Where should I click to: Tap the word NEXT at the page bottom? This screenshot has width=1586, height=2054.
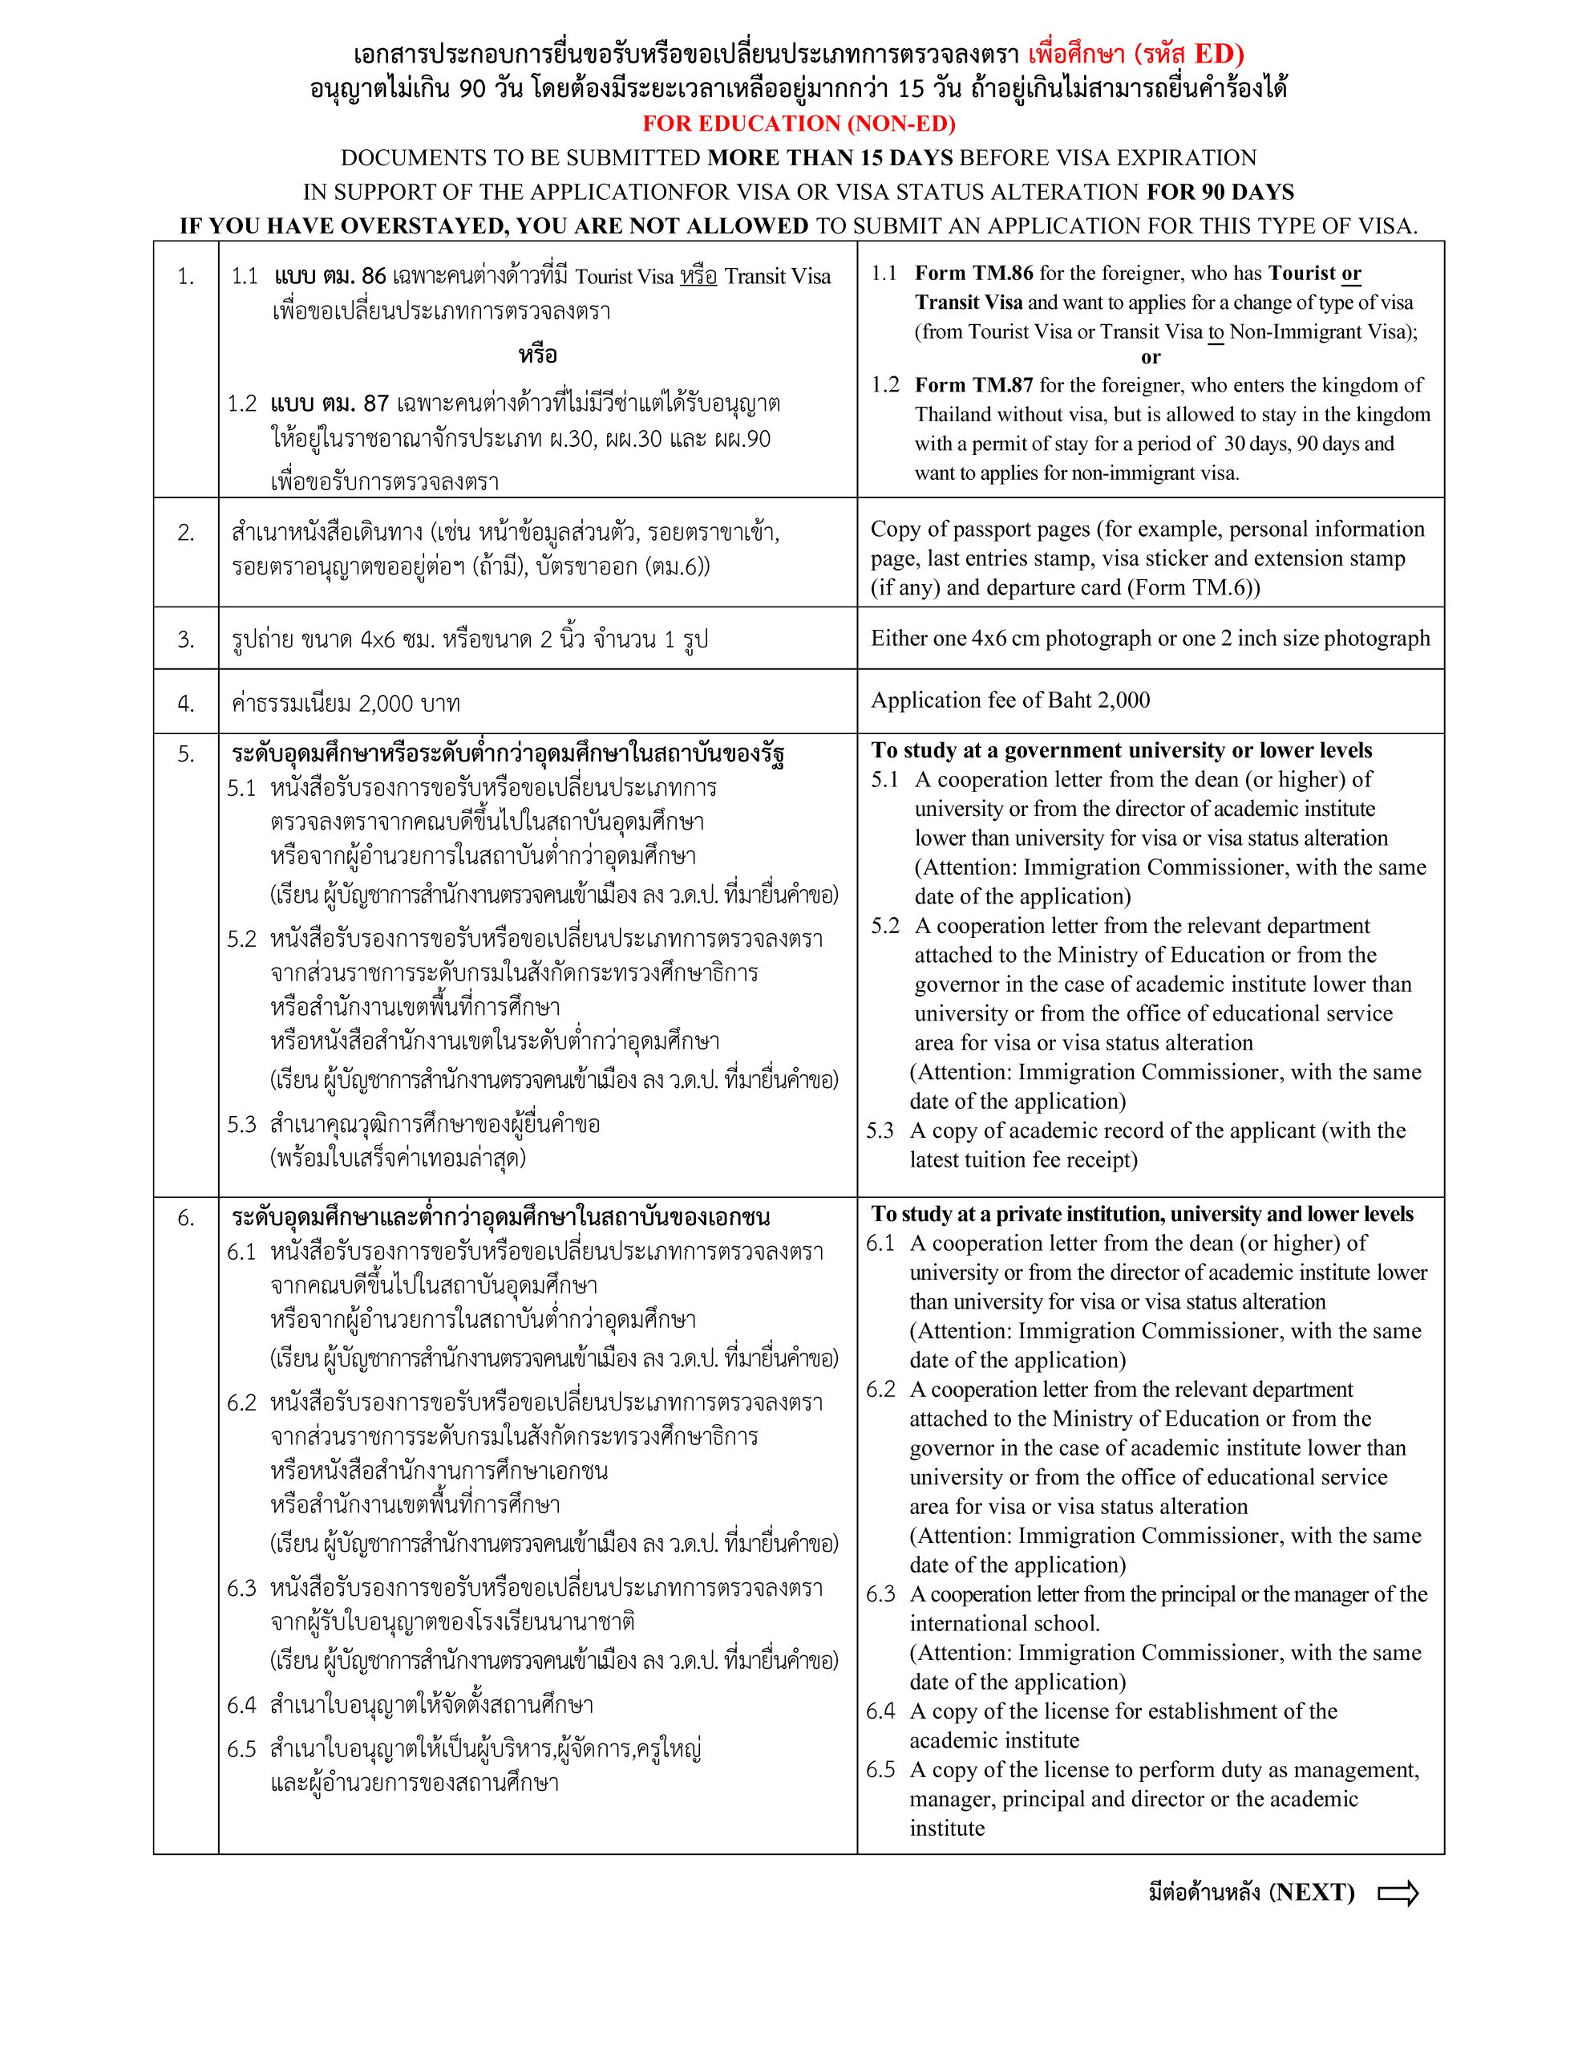tap(1312, 1892)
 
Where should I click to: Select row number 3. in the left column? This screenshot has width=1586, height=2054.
tap(186, 639)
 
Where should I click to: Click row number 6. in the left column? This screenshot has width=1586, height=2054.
tap(186, 1218)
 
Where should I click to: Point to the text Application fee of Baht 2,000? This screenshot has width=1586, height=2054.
tap(1009, 700)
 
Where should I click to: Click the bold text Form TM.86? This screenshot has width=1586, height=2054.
tap(974, 274)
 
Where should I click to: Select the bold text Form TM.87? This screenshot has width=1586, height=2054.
tap(974, 384)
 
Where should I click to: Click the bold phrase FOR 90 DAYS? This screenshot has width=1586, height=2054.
tap(1220, 192)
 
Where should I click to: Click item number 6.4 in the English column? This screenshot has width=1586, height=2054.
tap(881, 1711)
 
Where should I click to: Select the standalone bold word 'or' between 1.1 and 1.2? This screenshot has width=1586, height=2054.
tap(1151, 357)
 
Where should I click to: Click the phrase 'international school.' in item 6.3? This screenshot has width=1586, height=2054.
tap(1004, 1623)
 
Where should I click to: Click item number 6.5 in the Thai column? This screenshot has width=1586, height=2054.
tap(241, 1749)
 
